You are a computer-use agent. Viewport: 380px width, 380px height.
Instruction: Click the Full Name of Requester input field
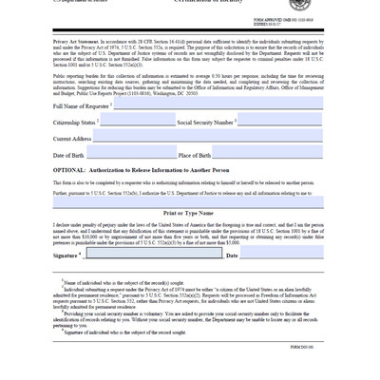(218, 104)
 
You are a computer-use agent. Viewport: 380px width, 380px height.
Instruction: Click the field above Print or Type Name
(188, 202)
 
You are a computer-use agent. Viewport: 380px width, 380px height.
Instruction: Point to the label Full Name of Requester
(82, 106)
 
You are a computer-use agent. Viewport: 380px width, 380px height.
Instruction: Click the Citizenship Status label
(75, 123)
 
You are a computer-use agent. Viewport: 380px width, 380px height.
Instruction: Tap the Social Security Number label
(206, 123)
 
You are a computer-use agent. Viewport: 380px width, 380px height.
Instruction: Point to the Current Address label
(72, 139)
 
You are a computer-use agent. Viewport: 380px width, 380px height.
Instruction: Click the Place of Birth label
(195, 155)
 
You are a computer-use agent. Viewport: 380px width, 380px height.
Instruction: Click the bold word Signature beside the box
(66, 256)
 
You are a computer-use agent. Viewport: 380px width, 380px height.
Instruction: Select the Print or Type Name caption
(188, 214)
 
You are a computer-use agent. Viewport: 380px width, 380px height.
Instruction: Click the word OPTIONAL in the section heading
(69, 170)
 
